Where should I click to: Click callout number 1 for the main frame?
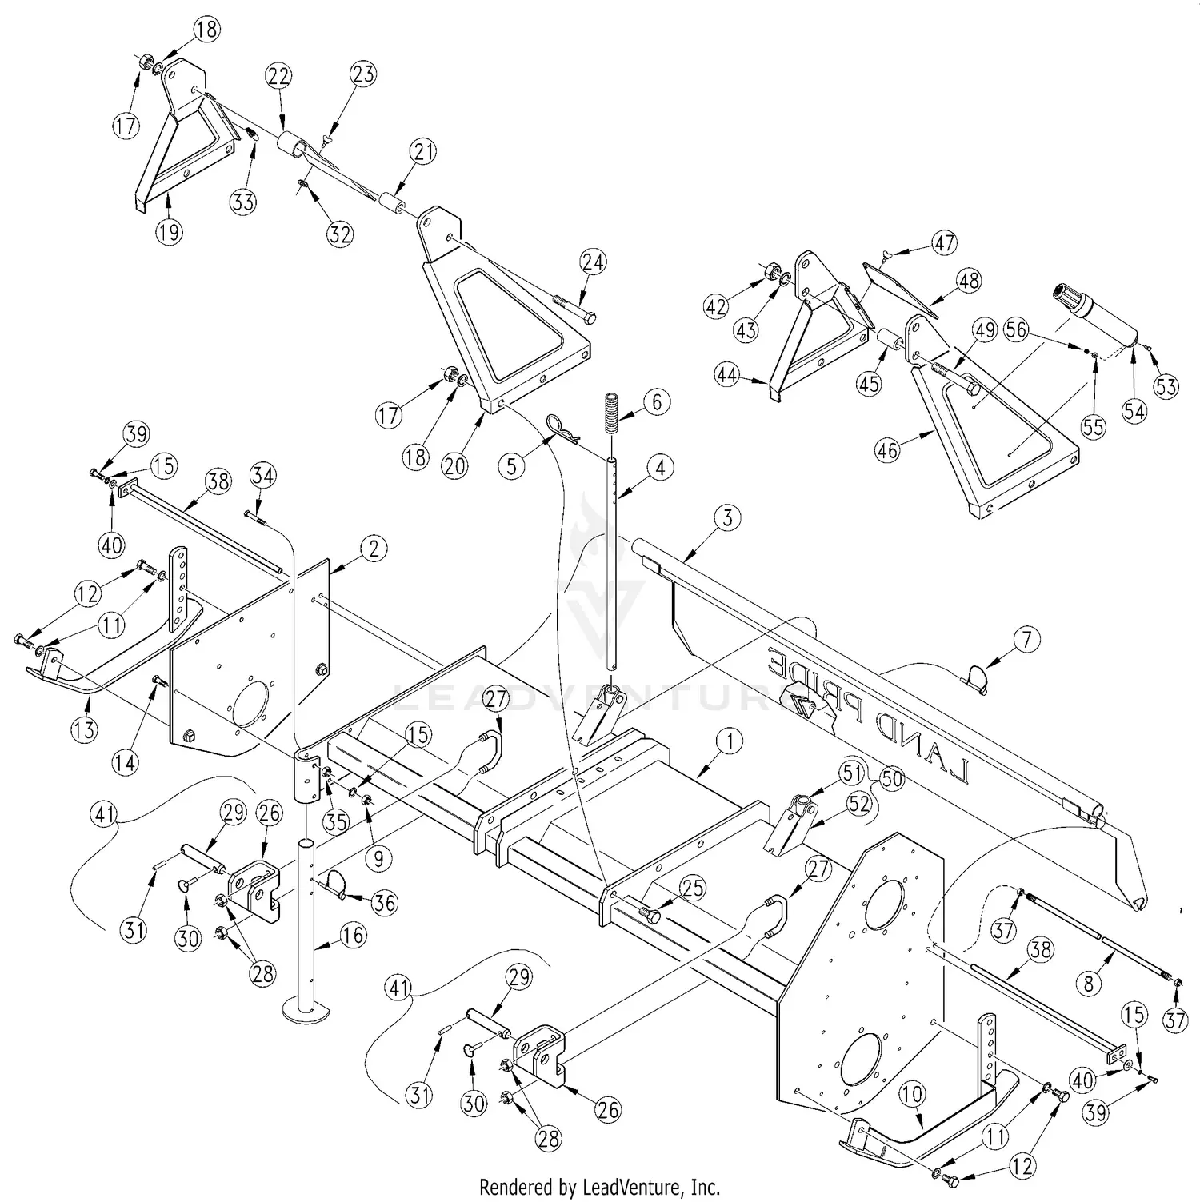pyautogui.click(x=729, y=741)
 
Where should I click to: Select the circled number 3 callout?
pyautogui.click(x=726, y=517)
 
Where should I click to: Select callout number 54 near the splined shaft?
pyautogui.click(x=1134, y=412)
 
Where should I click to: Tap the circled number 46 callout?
pyautogui.click(x=887, y=450)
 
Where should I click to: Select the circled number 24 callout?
pyautogui.click(x=594, y=262)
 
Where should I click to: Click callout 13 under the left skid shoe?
pyautogui.click(x=86, y=729)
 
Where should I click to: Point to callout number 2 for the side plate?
pyautogui.click(x=374, y=549)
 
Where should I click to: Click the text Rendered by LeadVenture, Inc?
pyautogui.click(x=599, y=1186)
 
